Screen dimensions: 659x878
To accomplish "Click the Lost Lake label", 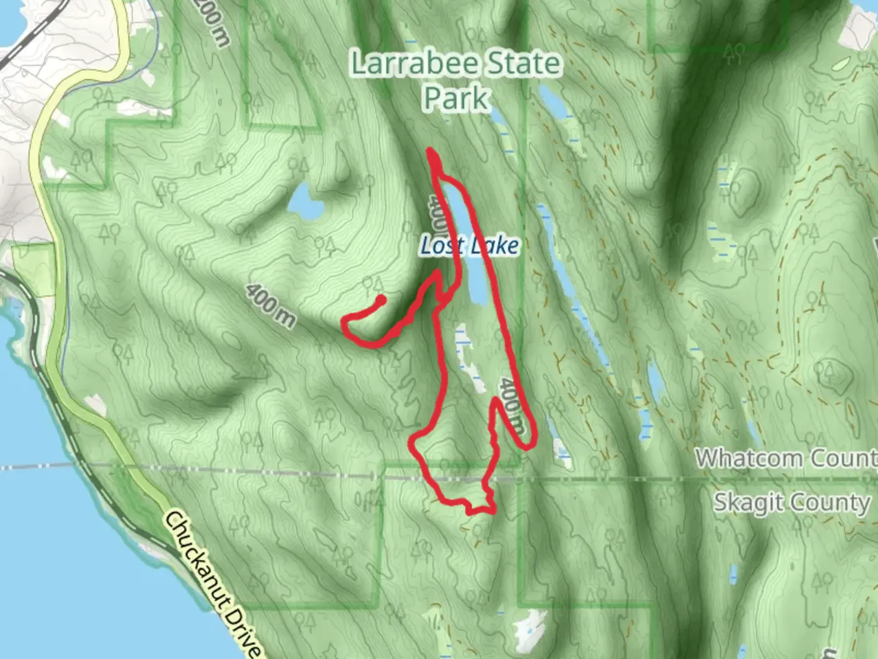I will [469, 245].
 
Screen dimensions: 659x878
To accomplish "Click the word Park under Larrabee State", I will [456, 98].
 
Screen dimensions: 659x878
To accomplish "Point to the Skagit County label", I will [791, 503].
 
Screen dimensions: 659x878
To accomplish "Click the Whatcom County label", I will [787, 458].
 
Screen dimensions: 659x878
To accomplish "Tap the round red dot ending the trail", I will [380, 300].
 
